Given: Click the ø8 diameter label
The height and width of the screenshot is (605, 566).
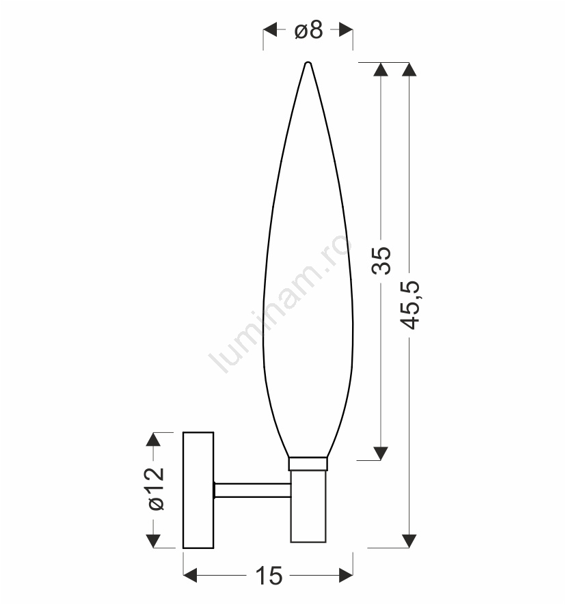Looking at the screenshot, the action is point(308,30).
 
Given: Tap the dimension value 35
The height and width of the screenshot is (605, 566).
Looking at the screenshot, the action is point(381,260).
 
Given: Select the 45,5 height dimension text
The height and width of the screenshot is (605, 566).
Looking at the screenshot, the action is point(409,305).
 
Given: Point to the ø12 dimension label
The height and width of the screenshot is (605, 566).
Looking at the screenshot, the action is point(157,489).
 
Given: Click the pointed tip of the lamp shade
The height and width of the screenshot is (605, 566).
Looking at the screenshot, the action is point(308,63).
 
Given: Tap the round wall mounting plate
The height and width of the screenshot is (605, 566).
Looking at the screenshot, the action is point(198,490).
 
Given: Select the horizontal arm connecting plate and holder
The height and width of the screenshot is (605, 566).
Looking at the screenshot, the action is point(252,490).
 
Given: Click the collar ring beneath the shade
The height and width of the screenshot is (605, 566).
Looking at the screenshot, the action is point(308,464).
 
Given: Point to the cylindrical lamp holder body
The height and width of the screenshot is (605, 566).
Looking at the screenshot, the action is point(308,506).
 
